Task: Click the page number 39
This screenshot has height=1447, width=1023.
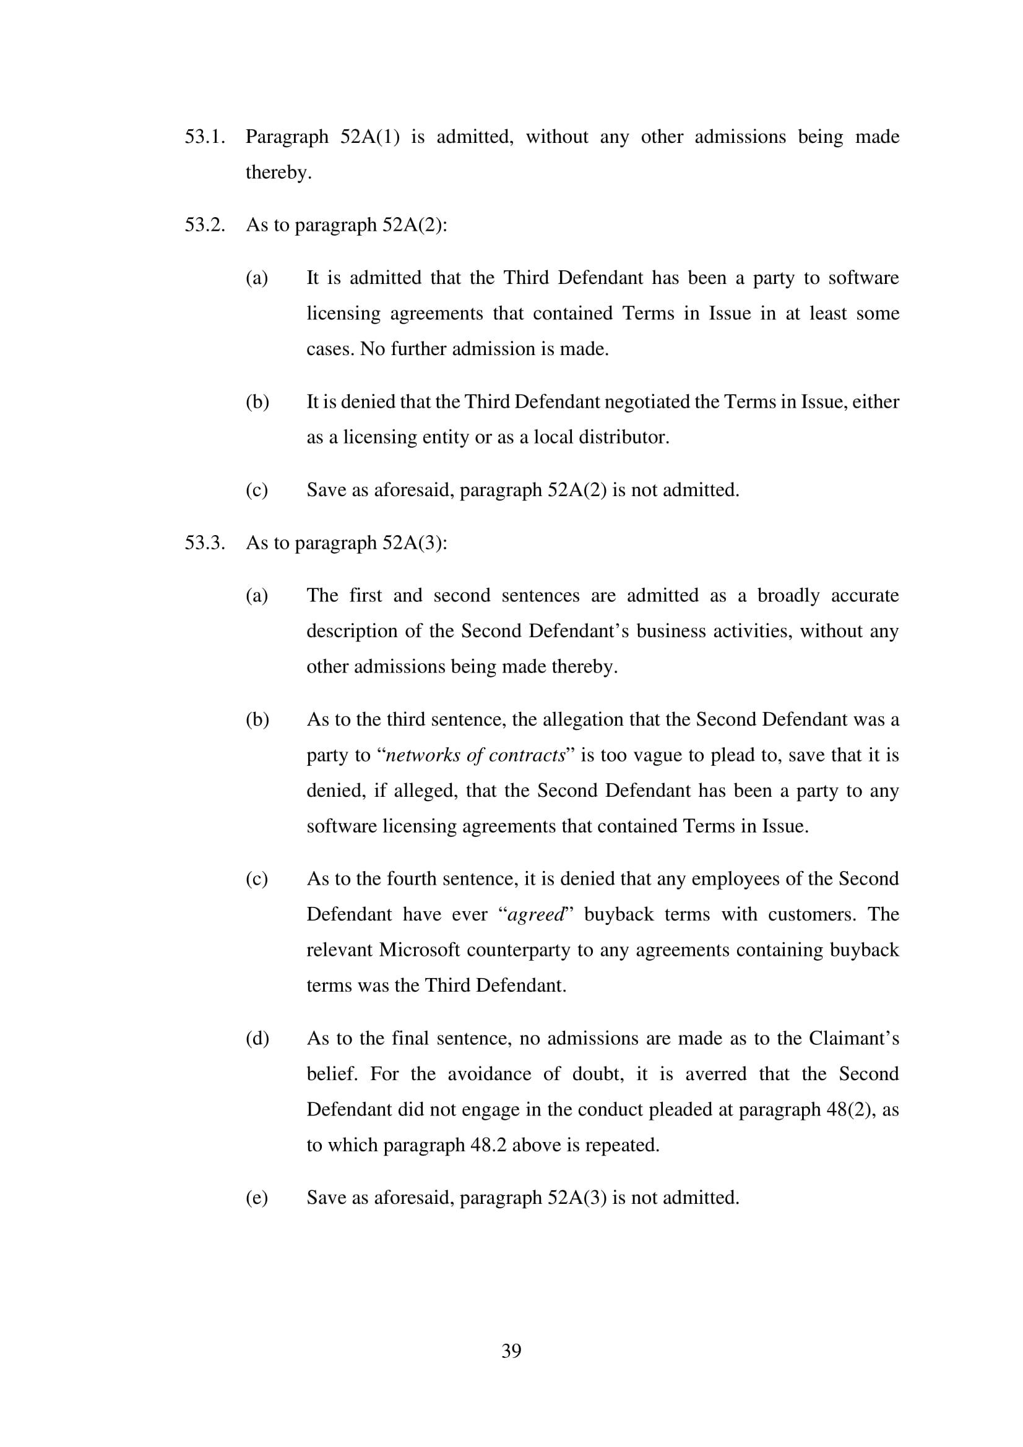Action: pos(511,1350)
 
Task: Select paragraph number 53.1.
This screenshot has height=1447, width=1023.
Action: pos(205,137)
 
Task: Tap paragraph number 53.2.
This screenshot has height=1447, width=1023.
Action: pos(205,225)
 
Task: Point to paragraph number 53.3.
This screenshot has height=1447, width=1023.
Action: pos(205,543)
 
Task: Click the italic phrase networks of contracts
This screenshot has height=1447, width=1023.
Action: pos(475,755)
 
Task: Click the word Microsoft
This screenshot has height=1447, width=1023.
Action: pos(419,950)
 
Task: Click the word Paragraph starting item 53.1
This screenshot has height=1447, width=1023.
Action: pos(287,137)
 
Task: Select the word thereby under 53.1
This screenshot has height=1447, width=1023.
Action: pos(278,172)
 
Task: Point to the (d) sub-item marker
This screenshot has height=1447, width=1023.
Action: pos(257,1039)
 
